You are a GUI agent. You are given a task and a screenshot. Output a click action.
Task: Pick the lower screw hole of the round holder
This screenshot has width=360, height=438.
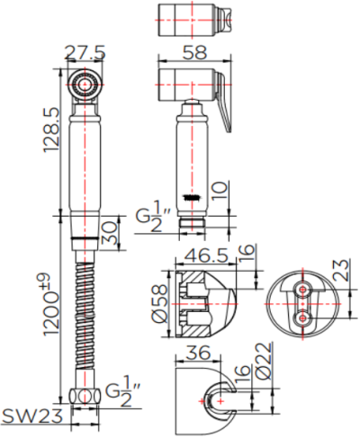point(302,317)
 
